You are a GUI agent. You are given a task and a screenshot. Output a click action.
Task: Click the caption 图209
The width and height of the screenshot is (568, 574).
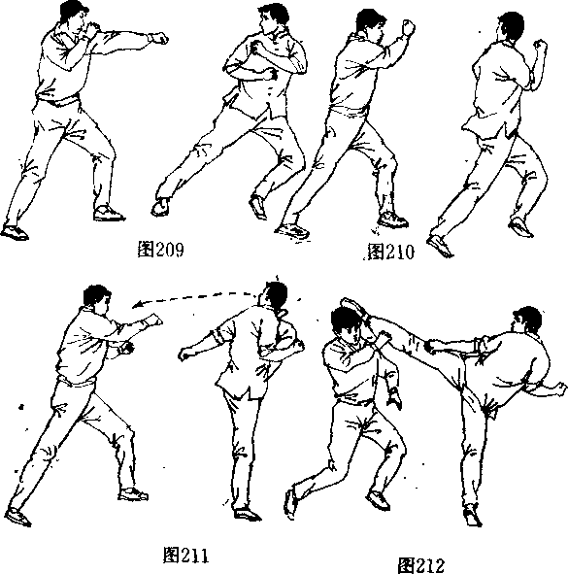click(x=160, y=250)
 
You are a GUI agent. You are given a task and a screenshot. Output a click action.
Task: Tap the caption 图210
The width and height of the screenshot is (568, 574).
click(x=390, y=252)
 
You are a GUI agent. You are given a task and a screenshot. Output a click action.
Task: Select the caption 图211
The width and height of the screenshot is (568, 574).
click(x=185, y=555)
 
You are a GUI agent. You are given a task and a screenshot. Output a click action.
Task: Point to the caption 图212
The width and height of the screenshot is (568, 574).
click(x=421, y=565)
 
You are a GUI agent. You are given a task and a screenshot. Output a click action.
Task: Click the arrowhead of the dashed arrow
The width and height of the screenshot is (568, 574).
click(x=137, y=304)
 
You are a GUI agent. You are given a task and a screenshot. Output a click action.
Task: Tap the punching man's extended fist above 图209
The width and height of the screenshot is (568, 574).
click(x=159, y=38)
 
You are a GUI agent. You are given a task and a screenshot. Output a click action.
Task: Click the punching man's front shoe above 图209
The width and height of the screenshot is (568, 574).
click(x=109, y=213)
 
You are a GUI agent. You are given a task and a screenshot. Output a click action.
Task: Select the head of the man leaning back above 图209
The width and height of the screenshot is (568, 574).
click(x=273, y=18)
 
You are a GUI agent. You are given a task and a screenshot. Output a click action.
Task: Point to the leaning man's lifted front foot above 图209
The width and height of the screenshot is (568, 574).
click(x=160, y=207)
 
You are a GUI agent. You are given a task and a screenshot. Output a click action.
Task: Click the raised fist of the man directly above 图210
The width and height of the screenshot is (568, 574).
click(x=409, y=27)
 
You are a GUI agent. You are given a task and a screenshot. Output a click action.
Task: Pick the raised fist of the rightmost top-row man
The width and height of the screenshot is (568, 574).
click(x=540, y=46)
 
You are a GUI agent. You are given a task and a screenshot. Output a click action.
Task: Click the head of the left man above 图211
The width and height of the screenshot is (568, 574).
click(x=97, y=298)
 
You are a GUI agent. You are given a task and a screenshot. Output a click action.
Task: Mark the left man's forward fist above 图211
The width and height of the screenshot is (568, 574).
click(x=154, y=321)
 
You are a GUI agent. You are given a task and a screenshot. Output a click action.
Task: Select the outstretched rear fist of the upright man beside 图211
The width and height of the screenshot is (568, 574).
click(x=185, y=354)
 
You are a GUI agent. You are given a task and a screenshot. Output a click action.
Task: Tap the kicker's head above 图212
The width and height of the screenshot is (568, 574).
click(x=527, y=321)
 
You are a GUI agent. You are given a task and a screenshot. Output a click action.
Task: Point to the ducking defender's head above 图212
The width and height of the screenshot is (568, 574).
click(x=345, y=324)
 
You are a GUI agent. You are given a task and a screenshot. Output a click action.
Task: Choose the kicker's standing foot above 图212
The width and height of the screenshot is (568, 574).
click(x=473, y=516)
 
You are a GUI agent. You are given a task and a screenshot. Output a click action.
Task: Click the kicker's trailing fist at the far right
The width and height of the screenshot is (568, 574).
click(x=560, y=388)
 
